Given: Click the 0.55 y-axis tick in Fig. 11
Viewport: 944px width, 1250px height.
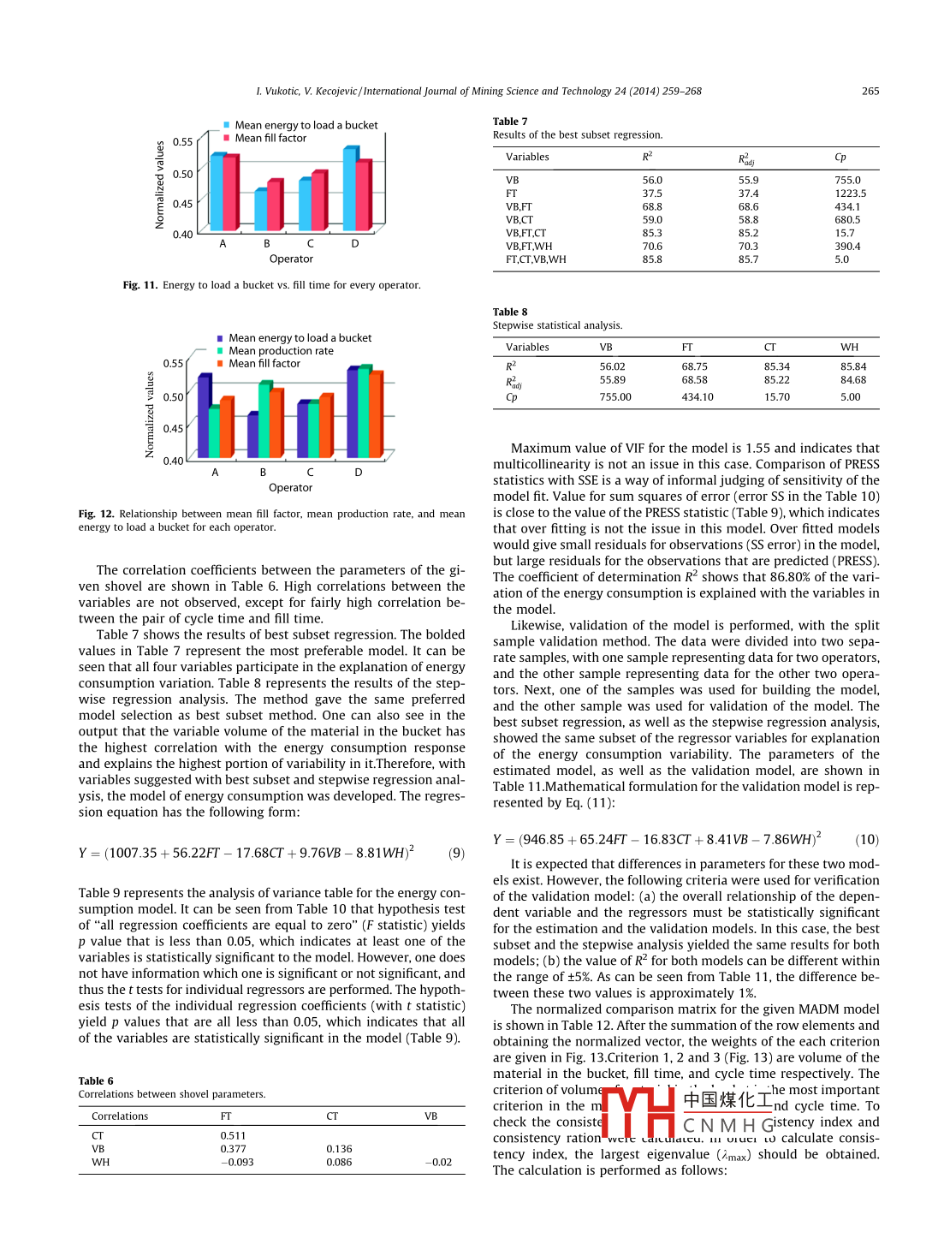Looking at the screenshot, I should (182, 142).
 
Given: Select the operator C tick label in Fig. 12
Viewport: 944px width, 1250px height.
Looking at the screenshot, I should (310, 473).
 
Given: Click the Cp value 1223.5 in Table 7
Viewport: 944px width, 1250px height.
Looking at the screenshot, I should (850, 193).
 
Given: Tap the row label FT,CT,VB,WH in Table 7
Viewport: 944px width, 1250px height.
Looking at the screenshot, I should (536, 259).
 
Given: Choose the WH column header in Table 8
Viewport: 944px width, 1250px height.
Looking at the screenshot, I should (849, 348).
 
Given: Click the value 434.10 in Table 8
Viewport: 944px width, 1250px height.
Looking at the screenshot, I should (697, 397).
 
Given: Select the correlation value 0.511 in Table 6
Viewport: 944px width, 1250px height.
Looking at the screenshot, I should (233, 1136).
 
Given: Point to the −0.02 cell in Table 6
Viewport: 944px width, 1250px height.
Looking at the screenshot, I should (441, 1163).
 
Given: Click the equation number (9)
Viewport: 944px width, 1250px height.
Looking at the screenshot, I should (456, 854).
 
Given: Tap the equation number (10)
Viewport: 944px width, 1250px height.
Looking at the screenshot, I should (867, 840).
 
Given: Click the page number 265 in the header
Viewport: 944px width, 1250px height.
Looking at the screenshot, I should (870, 92).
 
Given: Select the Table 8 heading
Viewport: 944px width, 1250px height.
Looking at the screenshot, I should (510, 312).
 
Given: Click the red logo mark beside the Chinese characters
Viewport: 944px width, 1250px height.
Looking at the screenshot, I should (638, 1111).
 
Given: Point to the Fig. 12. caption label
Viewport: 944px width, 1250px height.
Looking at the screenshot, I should (96, 515).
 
